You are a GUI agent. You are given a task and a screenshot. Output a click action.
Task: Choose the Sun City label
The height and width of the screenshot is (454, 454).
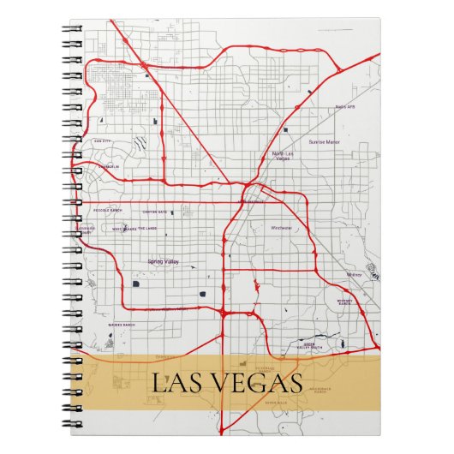pyautogui.click(x=103, y=138)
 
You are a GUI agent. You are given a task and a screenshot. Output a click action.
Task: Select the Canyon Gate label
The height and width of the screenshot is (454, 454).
pyautogui.click(x=155, y=211)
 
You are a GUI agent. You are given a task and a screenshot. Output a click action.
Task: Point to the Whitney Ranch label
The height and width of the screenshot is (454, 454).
pyautogui.click(x=345, y=302)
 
